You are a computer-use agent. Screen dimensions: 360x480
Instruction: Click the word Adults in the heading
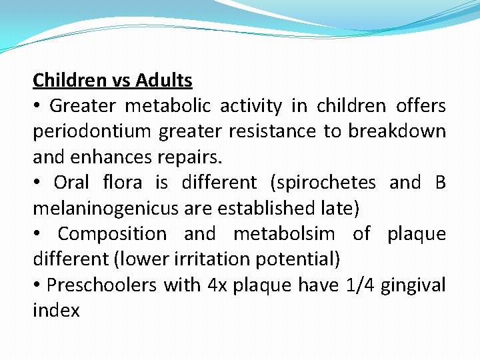pyautogui.click(x=163, y=81)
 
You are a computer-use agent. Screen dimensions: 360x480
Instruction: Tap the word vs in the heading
pyautogui.click(x=121, y=81)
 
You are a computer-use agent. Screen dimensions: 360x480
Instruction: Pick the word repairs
pyautogui.click(x=198, y=157)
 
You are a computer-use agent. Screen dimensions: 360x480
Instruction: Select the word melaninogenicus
pyautogui.click(x=103, y=209)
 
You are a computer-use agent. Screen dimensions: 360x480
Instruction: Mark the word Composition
pyautogui.click(x=112, y=234)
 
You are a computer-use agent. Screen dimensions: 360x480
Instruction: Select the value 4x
pyautogui.click(x=217, y=285)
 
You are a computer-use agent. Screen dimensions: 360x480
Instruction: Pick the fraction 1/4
pyautogui.click(x=359, y=285)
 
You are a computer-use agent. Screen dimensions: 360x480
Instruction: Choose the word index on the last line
pyautogui.click(x=56, y=311)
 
